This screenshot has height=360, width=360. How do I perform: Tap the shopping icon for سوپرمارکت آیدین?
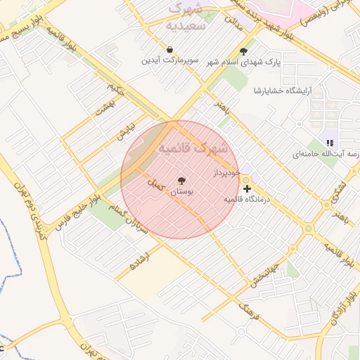tap(170, 50)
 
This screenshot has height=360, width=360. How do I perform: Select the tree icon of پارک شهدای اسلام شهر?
tap(244, 51)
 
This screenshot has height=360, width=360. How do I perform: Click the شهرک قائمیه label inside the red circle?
tap(193, 148)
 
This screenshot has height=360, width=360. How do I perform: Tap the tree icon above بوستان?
tap(182, 181)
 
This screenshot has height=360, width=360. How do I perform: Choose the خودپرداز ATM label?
tap(226, 172)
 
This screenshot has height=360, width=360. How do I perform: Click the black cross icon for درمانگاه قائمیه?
tap(247, 188)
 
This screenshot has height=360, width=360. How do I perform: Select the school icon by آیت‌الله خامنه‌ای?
tap(330, 143)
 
